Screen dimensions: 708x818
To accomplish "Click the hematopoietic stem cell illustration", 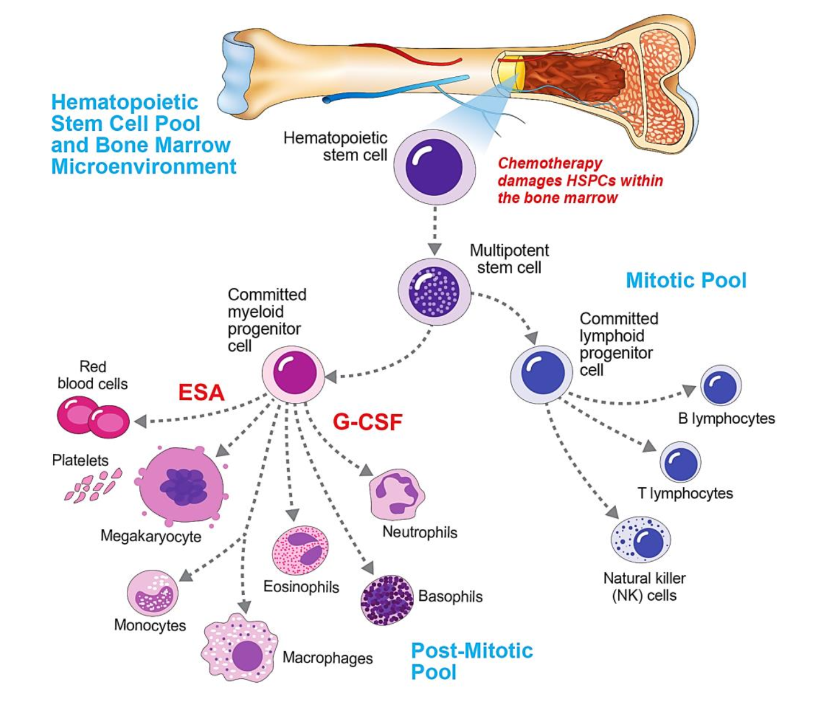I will point(434,167).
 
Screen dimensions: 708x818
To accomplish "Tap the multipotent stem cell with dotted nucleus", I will point(434,291).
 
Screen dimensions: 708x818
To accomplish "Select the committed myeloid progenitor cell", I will point(293,374).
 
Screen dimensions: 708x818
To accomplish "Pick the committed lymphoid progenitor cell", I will point(542,374).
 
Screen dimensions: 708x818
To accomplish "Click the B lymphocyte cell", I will point(720,387).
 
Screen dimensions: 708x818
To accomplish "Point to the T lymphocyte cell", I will point(681,462).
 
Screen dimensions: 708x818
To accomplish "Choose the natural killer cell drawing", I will point(641,539).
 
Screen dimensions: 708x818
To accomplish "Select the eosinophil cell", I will point(300,550).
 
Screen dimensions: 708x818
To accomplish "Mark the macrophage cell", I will point(240,649).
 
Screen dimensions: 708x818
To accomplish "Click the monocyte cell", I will point(153,593).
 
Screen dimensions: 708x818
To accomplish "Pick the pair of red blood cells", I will point(93,417).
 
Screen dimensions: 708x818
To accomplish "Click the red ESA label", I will point(201,393).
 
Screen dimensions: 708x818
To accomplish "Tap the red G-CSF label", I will point(368,422).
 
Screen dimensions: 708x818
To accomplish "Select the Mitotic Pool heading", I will point(686,281).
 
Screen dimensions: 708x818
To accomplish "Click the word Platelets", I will point(80,460).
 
